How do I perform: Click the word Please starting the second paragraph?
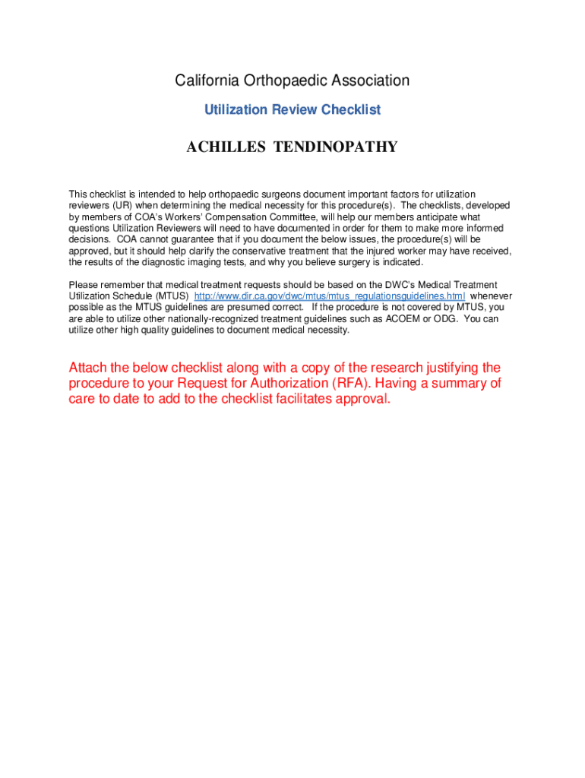(84, 285)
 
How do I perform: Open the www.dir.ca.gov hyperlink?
(330, 296)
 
